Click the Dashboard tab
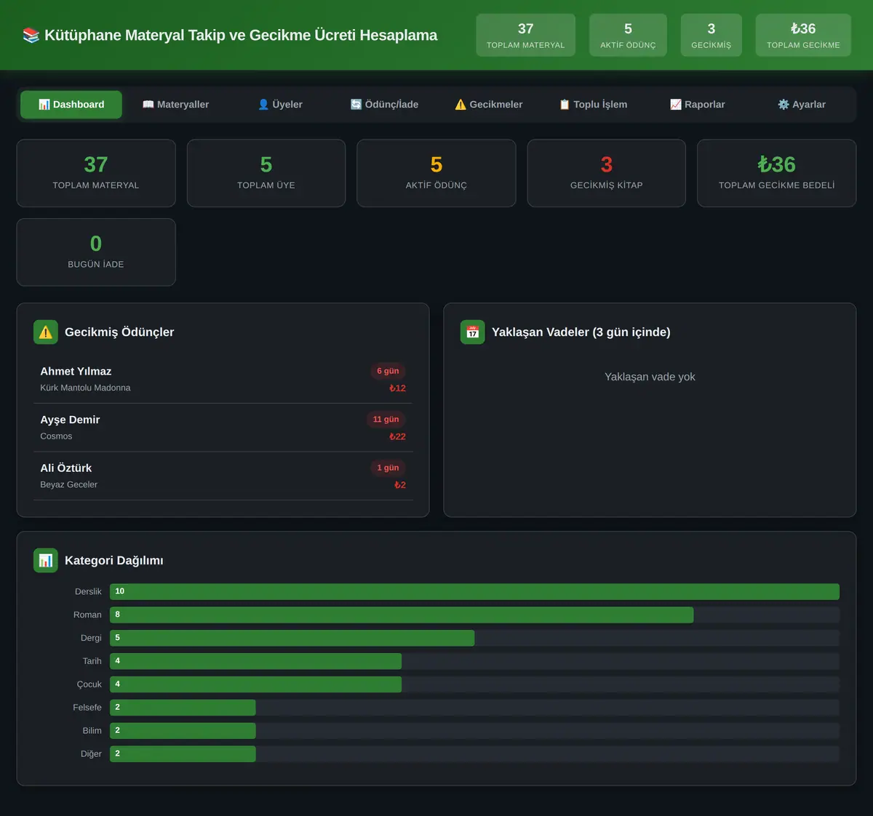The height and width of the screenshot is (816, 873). click(71, 105)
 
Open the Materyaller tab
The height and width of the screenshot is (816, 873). click(175, 105)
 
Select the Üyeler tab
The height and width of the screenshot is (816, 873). click(280, 105)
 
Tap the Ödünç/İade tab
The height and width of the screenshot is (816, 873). click(384, 105)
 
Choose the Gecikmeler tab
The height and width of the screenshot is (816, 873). click(488, 105)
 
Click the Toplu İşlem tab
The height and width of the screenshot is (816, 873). click(593, 105)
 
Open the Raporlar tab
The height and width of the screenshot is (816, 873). click(697, 105)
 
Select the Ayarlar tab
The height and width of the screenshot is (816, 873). click(802, 105)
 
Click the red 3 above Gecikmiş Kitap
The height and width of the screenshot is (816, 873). click(607, 165)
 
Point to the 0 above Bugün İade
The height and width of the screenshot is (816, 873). click(96, 244)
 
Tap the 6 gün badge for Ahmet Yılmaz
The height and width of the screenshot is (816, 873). click(388, 371)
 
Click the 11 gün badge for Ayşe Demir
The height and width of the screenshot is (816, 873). click(386, 420)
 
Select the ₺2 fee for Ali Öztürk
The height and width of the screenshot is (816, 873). click(400, 485)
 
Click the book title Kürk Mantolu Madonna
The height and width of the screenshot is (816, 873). click(85, 388)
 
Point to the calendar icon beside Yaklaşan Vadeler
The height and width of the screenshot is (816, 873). click(473, 332)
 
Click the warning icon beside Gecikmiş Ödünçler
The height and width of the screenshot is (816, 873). click(46, 332)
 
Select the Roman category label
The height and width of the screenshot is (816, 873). click(87, 615)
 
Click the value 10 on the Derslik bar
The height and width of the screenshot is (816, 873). click(119, 591)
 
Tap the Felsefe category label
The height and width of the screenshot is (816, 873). click(87, 708)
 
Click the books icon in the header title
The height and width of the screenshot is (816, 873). click(31, 35)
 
